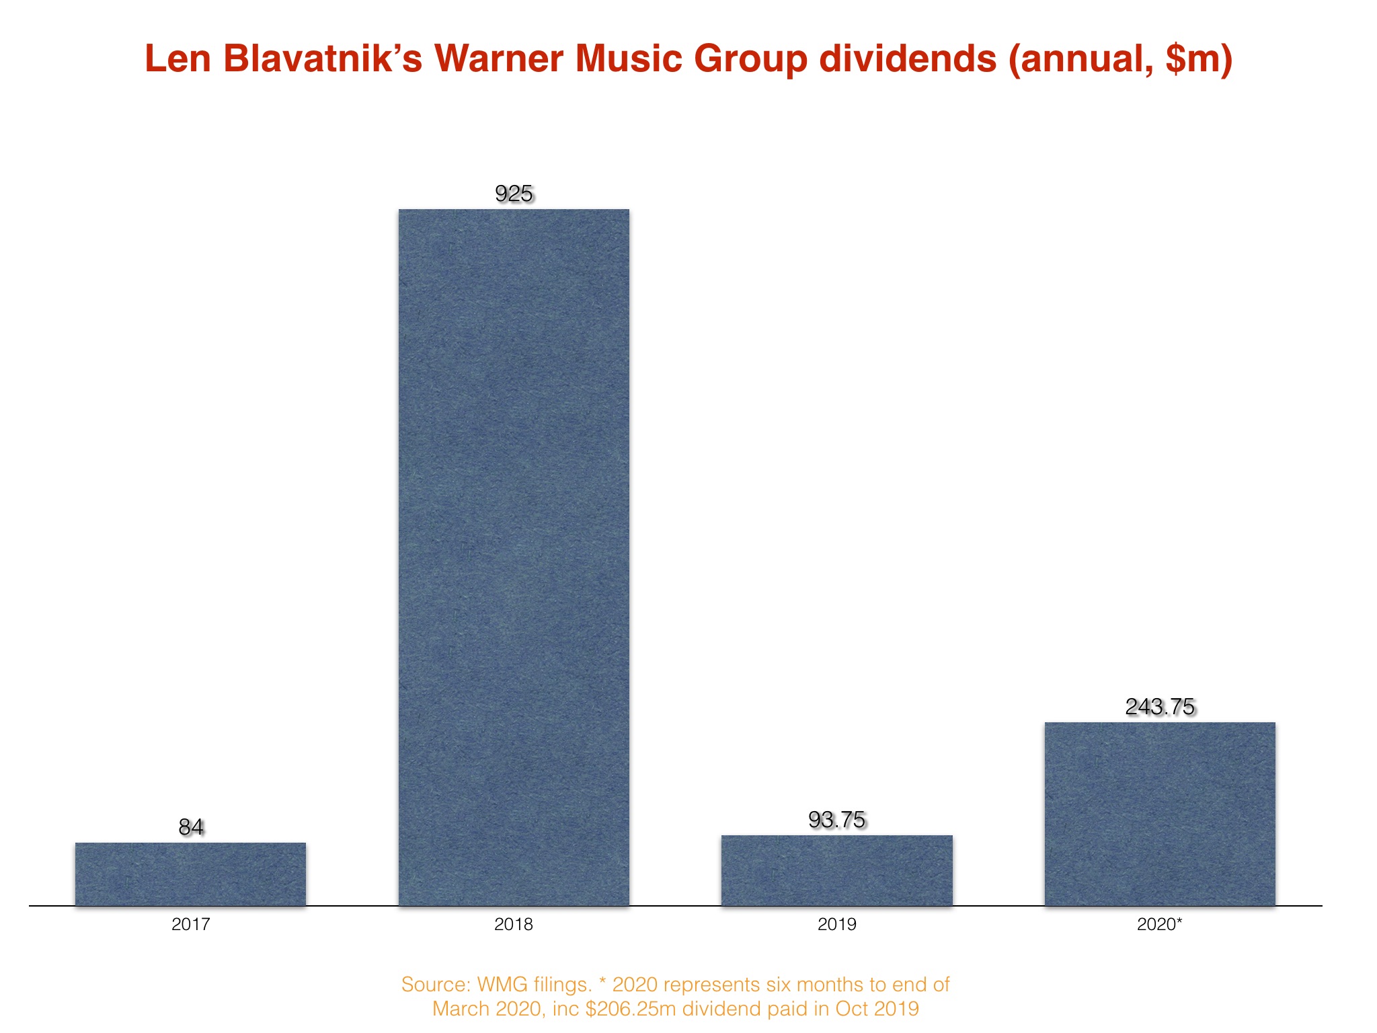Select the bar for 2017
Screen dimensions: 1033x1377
[190, 874]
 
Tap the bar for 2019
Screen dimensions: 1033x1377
[836, 870]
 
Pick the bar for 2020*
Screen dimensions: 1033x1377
[1159, 814]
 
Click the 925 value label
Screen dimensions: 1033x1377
[514, 194]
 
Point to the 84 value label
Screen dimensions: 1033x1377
[191, 827]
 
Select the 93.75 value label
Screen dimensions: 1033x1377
[836, 820]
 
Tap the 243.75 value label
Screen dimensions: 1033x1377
[1160, 707]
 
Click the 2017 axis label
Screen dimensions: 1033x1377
[191, 924]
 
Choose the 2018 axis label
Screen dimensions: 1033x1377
[514, 924]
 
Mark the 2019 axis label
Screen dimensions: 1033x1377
[836, 924]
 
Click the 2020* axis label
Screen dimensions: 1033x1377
[1159, 924]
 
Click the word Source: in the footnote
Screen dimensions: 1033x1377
[435, 985]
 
